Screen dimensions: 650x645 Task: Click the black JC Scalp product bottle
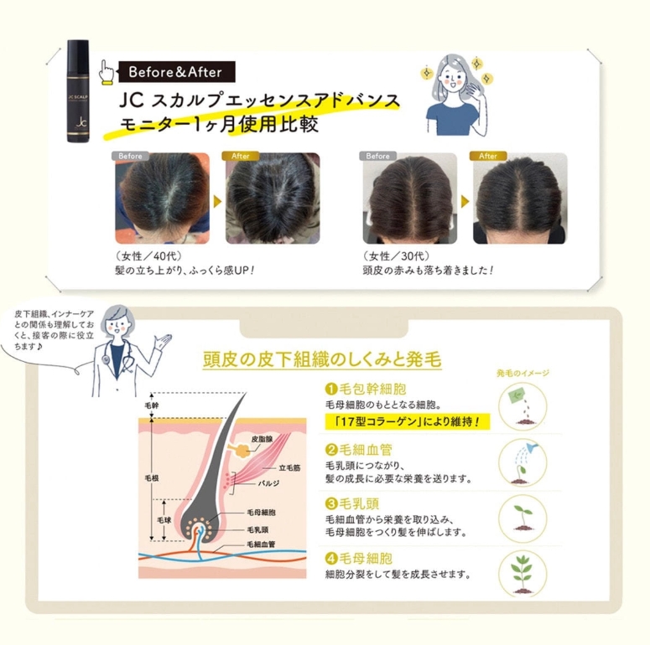(78, 91)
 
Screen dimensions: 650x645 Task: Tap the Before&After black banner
(177, 72)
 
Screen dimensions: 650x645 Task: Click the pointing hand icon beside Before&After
(107, 73)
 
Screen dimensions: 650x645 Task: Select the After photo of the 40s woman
(273, 199)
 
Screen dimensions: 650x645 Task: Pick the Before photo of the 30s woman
(409, 199)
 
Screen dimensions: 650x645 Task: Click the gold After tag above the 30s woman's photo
(488, 156)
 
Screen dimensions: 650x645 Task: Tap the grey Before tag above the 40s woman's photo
(130, 156)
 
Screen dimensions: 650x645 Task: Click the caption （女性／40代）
(148, 256)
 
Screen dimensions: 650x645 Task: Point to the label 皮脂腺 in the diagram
(262, 439)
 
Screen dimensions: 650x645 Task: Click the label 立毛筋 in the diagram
(289, 467)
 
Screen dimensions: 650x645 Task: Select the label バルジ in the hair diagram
(268, 483)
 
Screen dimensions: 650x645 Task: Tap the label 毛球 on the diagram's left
(164, 520)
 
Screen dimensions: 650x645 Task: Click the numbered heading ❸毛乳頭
(352, 503)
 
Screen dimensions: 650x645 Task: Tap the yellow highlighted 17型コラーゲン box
(408, 421)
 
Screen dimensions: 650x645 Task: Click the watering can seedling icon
(523, 463)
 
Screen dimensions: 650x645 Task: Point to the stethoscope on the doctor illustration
(118, 355)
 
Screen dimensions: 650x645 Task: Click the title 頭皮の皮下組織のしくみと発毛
(322, 359)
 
